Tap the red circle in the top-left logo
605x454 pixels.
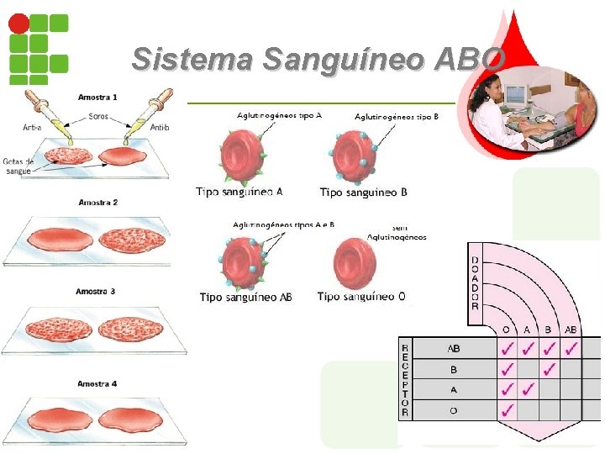tap(18, 23)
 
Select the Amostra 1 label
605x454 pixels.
tap(97, 98)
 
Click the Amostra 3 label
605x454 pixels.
tap(95, 292)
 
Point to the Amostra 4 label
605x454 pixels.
tap(97, 384)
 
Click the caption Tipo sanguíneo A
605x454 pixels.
tap(239, 192)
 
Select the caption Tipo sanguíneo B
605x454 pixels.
tap(364, 193)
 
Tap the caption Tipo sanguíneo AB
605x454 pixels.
tap(245, 297)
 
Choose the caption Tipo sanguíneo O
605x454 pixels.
tap(361, 296)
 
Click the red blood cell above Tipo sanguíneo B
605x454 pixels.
tap(357, 156)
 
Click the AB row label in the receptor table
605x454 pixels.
tap(453, 348)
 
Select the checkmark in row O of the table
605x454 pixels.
tap(508, 410)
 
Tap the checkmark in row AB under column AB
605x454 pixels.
tap(571, 347)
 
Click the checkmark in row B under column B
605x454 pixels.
tap(550, 368)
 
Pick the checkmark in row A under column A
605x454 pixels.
tap(529, 389)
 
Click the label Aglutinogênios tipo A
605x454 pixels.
tap(279, 115)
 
